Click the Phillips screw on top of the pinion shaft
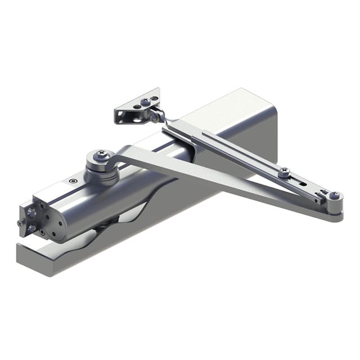tap(102, 153)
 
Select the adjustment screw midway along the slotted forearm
tap(285, 172)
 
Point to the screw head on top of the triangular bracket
tap(146, 102)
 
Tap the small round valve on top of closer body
tap(73, 181)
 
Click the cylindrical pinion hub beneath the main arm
tap(101, 172)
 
